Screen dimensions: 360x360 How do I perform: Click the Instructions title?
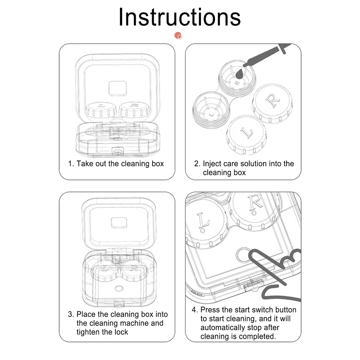coord(179,17)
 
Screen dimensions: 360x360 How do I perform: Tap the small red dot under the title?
coord(178,35)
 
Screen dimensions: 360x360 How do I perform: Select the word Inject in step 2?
coord(212,164)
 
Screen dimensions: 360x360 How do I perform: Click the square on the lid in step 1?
coord(117,88)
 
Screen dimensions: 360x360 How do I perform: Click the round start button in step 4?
coord(244,253)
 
